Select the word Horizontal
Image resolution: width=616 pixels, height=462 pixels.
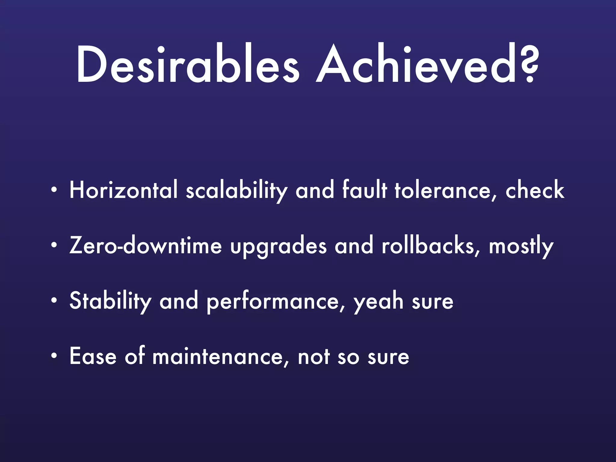(x=123, y=190)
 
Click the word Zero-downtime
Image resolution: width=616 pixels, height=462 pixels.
(x=146, y=245)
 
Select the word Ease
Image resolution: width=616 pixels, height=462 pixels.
(x=93, y=356)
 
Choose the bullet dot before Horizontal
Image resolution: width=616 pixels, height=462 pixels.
(x=54, y=190)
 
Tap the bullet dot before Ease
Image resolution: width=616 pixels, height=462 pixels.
(x=54, y=356)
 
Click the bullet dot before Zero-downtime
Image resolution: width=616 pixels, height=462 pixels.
(x=54, y=245)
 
